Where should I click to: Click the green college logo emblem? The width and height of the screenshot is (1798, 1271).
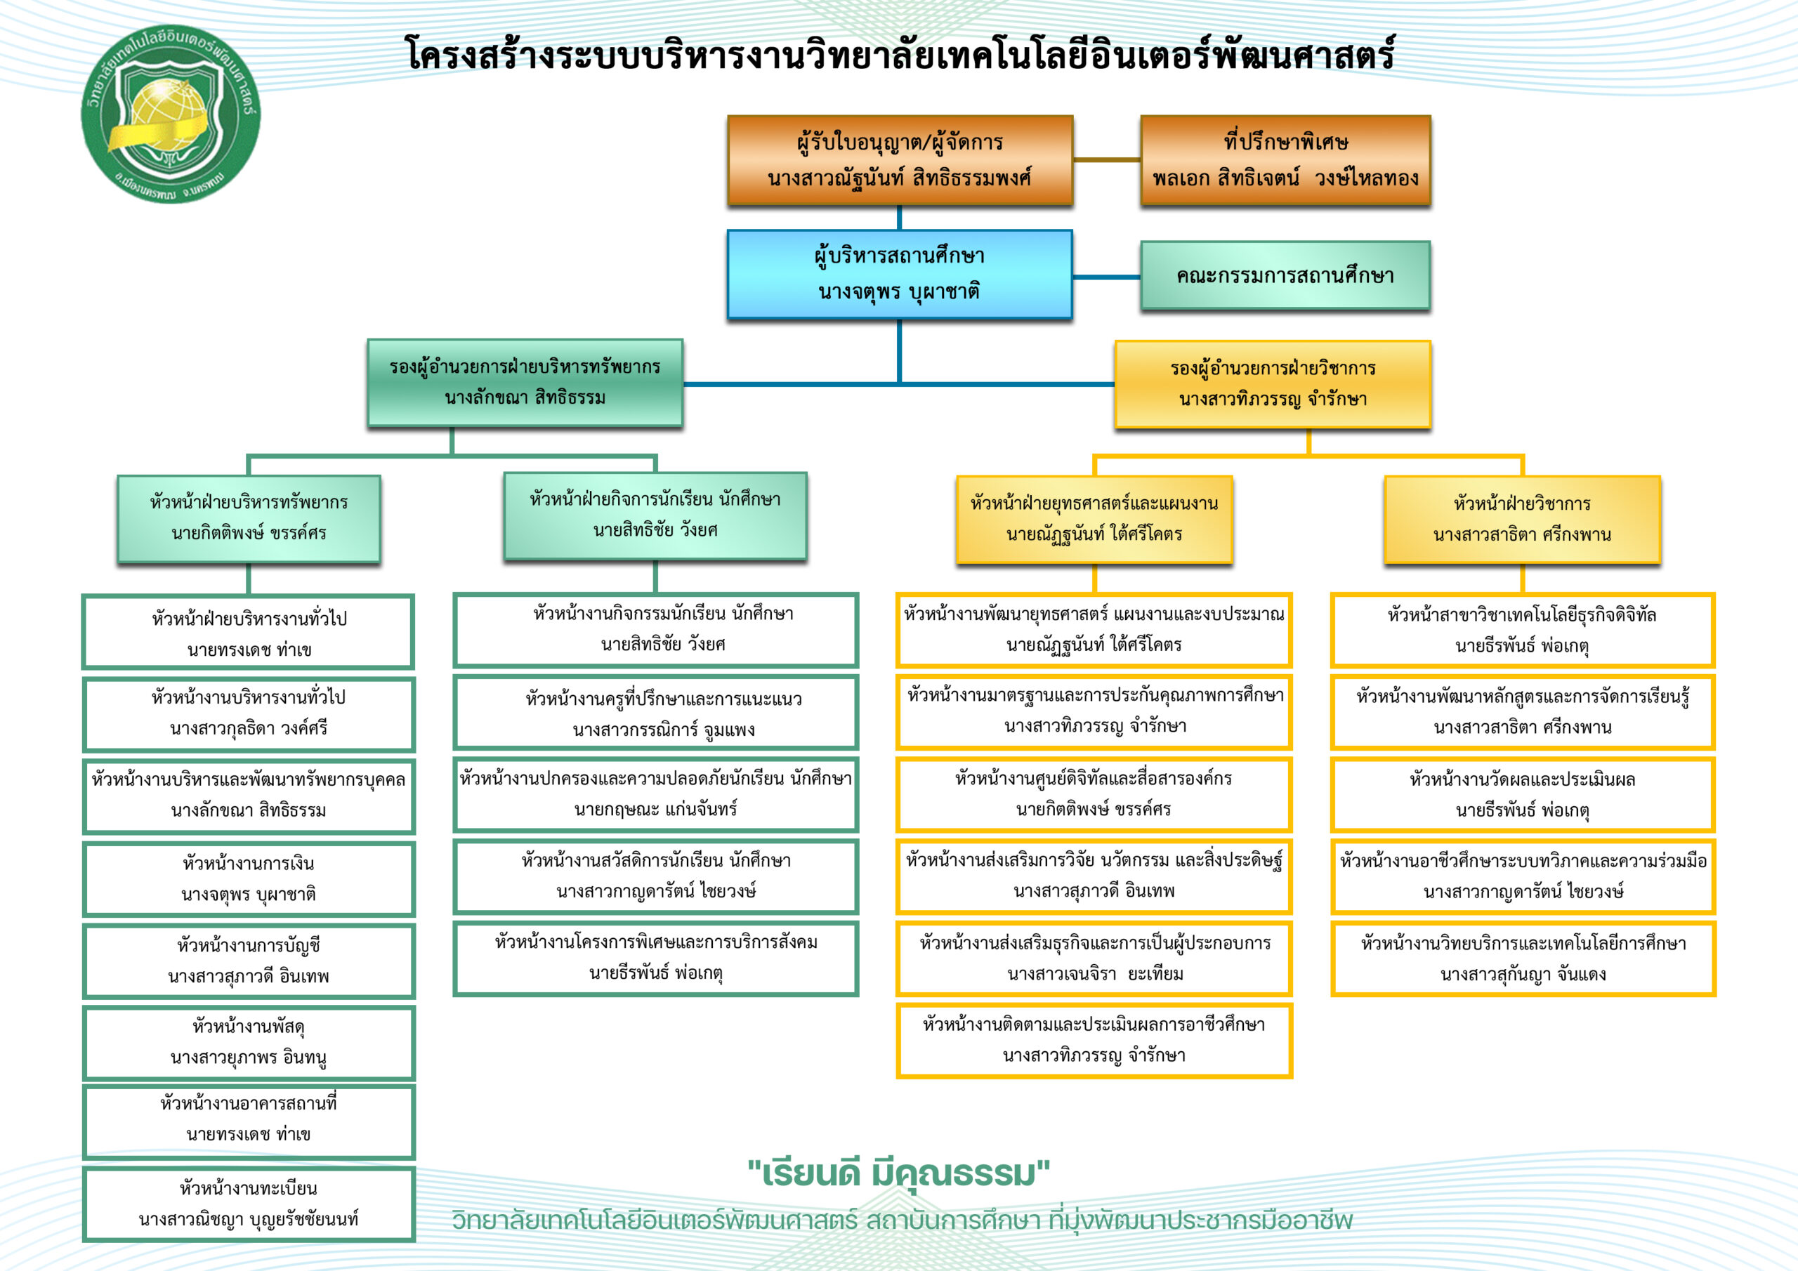(x=171, y=115)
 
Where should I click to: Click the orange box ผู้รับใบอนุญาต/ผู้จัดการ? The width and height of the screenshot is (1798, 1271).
(x=900, y=161)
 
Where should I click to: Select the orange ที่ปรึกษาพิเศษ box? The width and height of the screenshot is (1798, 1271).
(x=1285, y=161)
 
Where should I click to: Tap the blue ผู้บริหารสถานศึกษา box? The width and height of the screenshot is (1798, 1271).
(x=900, y=274)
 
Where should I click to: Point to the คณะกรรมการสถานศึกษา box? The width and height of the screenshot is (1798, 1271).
(x=1285, y=276)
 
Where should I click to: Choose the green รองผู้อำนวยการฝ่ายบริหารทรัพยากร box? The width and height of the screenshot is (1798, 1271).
(x=525, y=383)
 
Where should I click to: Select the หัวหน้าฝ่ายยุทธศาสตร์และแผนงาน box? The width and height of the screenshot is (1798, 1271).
(x=1094, y=519)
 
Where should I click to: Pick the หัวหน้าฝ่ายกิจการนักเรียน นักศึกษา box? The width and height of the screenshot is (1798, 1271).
(x=655, y=515)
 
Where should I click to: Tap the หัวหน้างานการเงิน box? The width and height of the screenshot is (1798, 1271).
(x=249, y=878)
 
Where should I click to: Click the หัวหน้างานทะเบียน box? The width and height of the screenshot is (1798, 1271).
(x=249, y=1204)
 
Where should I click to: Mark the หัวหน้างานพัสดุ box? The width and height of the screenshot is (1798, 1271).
(x=249, y=1041)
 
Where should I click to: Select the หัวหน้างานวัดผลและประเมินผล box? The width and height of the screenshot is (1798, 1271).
(x=1523, y=795)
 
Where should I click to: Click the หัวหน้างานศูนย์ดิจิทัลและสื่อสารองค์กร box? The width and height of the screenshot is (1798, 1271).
(x=1094, y=794)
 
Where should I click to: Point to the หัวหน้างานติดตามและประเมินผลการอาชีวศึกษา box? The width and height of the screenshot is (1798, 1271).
(x=1094, y=1040)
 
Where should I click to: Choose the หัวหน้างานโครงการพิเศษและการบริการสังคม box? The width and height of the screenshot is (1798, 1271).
(x=656, y=958)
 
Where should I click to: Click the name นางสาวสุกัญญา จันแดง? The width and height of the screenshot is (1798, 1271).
(x=1523, y=974)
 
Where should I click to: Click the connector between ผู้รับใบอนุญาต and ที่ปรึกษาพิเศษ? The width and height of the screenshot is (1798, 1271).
(x=1106, y=160)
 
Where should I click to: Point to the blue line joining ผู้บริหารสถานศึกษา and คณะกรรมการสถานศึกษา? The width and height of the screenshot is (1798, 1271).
(x=1106, y=277)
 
